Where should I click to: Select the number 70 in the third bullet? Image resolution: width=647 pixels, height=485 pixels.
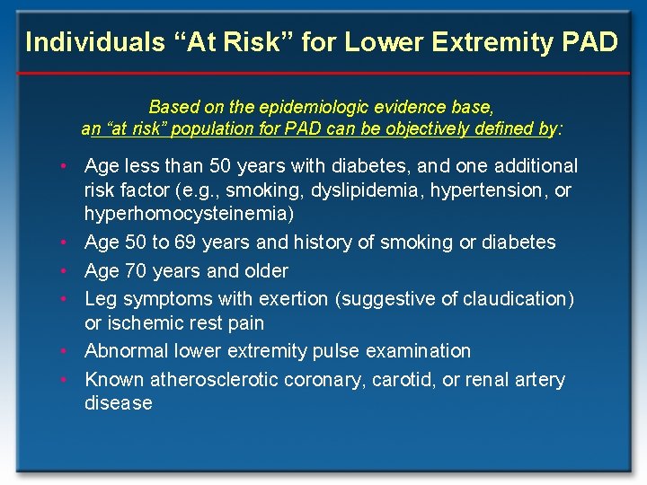tap(137, 270)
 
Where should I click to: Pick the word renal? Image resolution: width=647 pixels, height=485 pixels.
tap(488, 380)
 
